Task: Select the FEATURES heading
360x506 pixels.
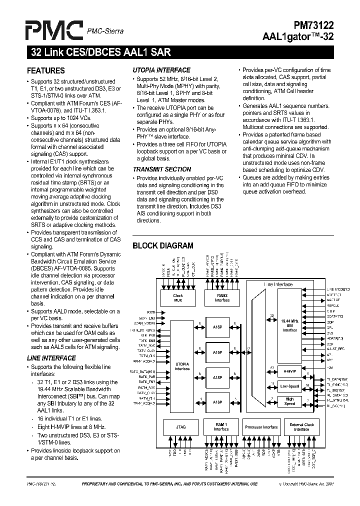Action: (x=45, y=70)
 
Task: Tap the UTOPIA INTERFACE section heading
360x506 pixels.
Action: (x=161, y=70)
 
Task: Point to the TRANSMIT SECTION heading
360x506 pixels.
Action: (x=162, y=169)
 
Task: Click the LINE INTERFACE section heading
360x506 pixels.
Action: (x=51, y=358)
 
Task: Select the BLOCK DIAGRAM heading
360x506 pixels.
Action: (x=162, y=245)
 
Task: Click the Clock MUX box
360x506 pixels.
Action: (x=178, y=298)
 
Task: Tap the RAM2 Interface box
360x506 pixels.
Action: (x=222, y=298)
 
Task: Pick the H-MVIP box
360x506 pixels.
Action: (x=289, y=370)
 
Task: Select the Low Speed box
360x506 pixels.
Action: (x=289, y=386)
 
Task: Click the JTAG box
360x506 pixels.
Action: (x=181, y=427)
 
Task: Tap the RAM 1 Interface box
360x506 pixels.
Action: (x=221, y=427)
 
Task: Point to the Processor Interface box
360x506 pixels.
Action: (x=261, y=427)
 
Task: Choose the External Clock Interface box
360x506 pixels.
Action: (x=301, y=427)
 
